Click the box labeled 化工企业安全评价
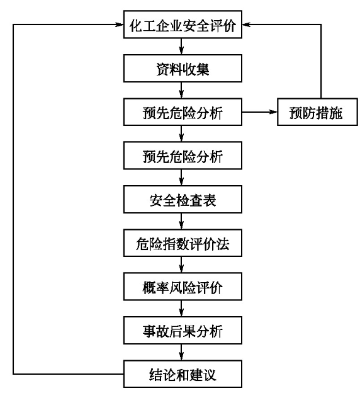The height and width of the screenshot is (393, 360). [x=183, y=25]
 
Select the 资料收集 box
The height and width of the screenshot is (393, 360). [x=183, y=69]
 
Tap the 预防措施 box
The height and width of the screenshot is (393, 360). [x=317, y=112]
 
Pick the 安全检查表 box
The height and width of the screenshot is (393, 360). [x=183, y=200]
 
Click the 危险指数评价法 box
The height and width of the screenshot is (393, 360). [x=183, y=243]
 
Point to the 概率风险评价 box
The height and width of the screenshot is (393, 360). [x=183, y=287]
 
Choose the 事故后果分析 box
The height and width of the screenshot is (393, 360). [x=183, y=331]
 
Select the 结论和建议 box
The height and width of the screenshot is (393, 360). [x=183, y=374]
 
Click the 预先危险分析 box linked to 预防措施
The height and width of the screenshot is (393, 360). [x=183, y=112]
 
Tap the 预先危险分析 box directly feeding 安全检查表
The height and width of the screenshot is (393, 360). [x=183, y=156]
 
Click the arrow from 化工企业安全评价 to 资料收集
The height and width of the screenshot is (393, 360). [x=181, y=47]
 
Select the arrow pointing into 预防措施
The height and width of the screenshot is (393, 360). [x=259, y=112]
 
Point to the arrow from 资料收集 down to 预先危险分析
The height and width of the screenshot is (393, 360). [x=181, y=90]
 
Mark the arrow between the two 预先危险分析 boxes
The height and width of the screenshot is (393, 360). [x=181, y=134]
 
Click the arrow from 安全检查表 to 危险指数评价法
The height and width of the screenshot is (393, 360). [x=181, y=221]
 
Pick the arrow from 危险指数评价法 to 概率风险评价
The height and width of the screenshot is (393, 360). [x=181, y=265]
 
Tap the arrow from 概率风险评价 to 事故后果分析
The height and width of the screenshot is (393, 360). [x=181, y=309]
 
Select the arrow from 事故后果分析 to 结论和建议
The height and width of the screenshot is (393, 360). [x=181, y=352]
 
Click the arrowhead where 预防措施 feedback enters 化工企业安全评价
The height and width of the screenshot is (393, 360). [x=246, y=25]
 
